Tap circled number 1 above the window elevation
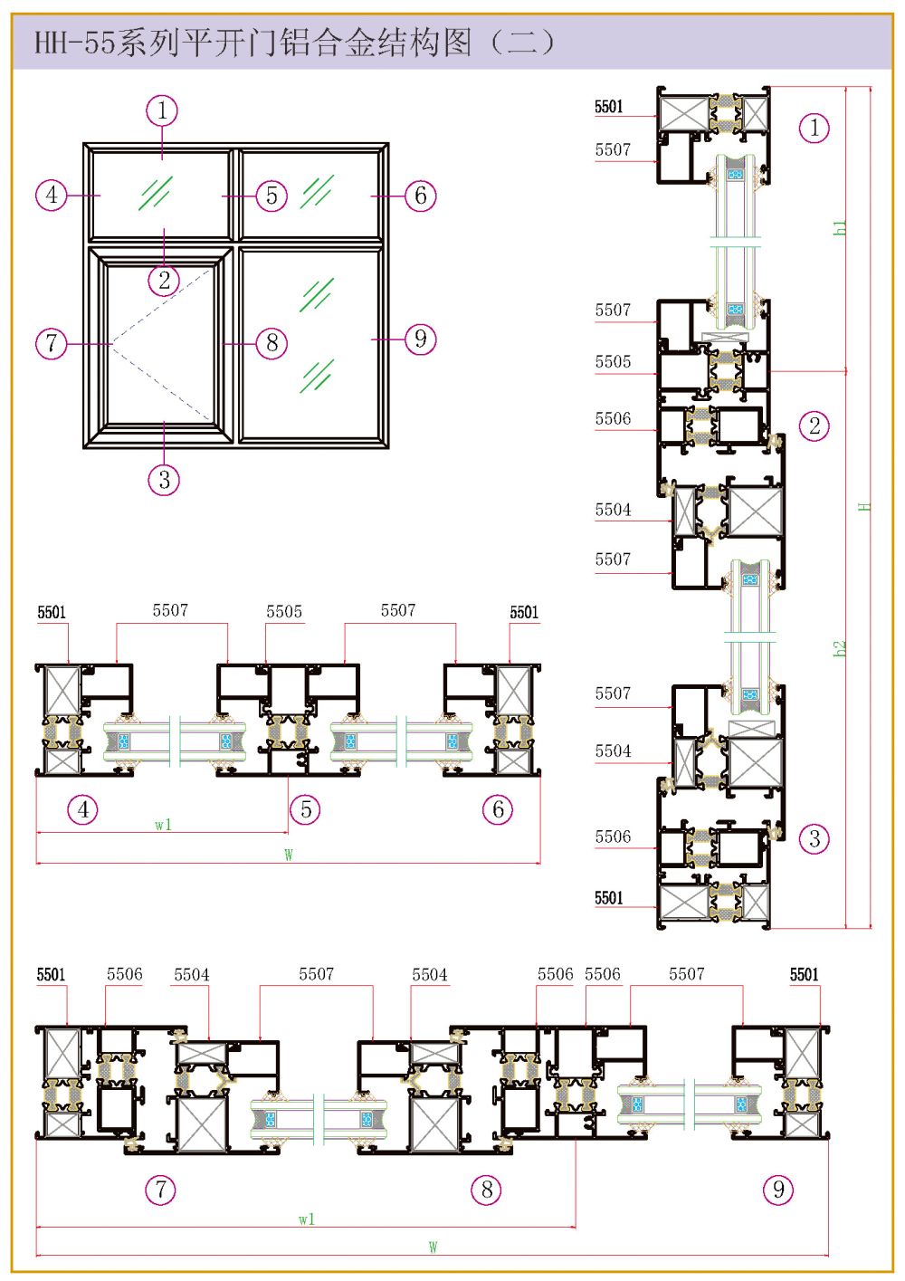(162, 110)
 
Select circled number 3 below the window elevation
(164, 479)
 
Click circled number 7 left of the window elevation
(52, 343)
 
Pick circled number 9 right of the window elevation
(421, 339)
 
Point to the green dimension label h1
(840, 227)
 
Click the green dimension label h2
(839, 648)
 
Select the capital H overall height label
(865, 506)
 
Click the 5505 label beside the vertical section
(613, 361)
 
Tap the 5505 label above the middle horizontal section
(283, 611)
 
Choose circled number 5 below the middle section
(306, 809)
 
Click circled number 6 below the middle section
(498, 809)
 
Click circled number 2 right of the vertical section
(814, 425)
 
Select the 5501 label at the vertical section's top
(608, 106)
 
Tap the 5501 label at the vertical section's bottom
(608, 897)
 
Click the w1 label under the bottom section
(307, 1219)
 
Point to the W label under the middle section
(288, 855)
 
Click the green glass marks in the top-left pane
(156, 193)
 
